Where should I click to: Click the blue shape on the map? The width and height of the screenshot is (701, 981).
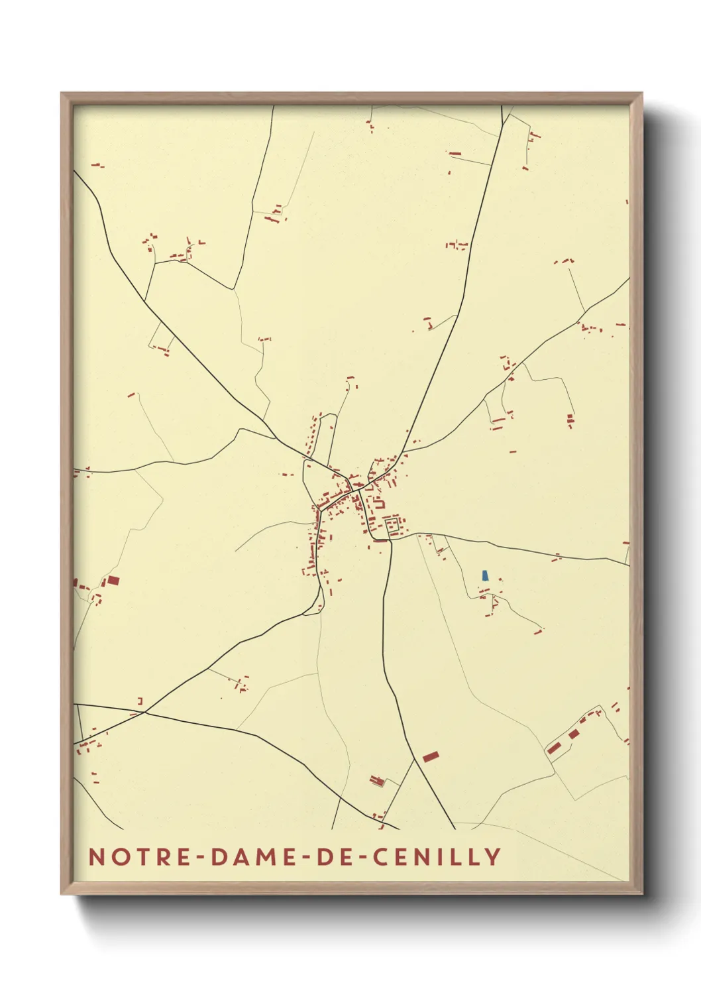tap(485, 575)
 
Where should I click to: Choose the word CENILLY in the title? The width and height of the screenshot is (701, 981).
tap(436, 856)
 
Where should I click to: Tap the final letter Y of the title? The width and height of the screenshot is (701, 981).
tap(493, 856)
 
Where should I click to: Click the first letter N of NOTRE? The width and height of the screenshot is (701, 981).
tap(97, 856)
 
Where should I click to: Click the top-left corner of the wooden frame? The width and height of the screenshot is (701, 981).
tap(62, 93)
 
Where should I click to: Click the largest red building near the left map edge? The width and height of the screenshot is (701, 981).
tap(113, 581)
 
